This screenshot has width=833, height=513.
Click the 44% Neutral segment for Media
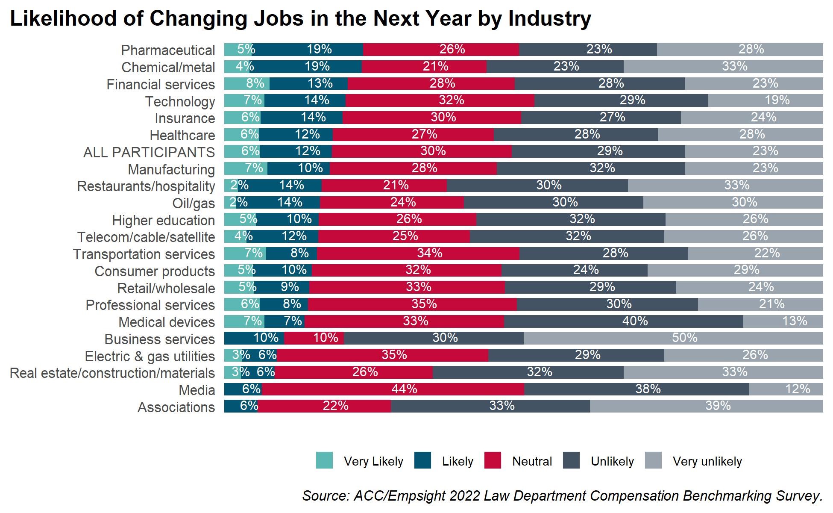(393, 389)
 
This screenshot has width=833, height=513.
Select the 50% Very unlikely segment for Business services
(673, 338)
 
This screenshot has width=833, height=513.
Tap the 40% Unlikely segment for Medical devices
(624, 321)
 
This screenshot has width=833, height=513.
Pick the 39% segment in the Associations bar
(707, 406)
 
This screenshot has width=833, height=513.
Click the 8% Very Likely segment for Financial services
(247, 83)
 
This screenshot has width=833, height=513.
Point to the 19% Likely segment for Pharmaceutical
(308, 50)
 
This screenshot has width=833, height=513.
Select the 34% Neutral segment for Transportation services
(418, 254)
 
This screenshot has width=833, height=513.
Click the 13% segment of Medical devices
(783, 321)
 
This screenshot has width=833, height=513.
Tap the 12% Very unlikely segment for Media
(786, 389)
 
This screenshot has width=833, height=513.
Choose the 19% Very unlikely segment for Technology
(766, 100)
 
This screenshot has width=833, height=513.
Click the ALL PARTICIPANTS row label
(149, 153)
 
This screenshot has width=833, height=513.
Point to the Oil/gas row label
(194, 203)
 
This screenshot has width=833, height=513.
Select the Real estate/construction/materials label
(112, 373)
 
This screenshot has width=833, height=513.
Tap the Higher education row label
(163, 221)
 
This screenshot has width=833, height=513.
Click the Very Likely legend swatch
(324, 460)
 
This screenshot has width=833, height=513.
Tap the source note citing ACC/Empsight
(562, 496)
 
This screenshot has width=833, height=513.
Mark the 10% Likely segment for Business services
(254, 338)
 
